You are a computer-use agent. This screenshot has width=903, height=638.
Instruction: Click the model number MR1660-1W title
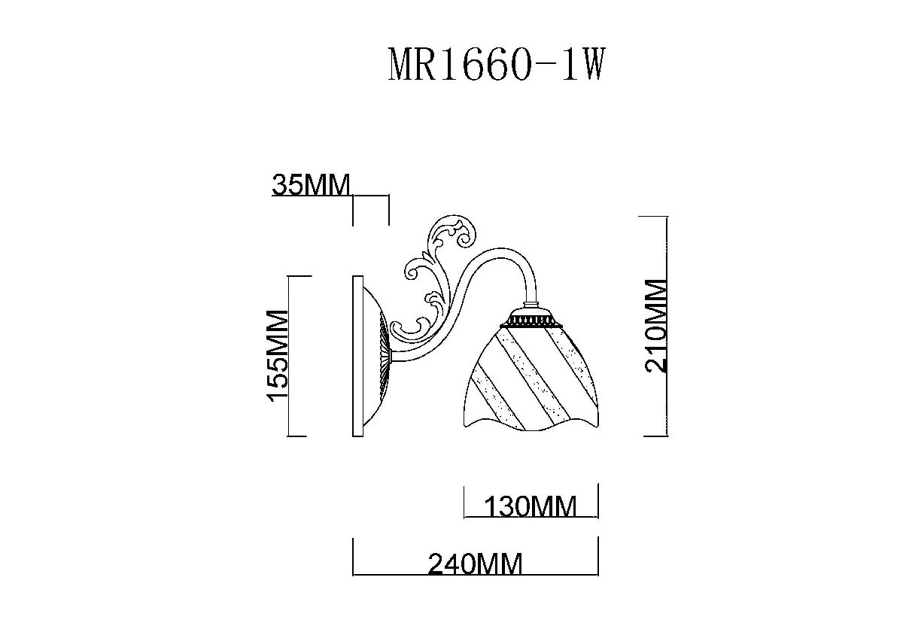[x=496, y=65]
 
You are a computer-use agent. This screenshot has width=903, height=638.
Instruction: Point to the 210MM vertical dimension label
[x=656, y=325]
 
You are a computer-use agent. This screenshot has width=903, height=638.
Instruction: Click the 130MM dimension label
[x=531, y=506]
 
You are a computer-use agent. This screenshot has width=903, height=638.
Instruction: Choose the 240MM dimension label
[x=475, y=564]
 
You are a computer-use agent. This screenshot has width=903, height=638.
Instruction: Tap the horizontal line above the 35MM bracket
[x=370, y=196]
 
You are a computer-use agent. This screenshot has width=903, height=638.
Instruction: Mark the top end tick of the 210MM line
[x=653, y=216]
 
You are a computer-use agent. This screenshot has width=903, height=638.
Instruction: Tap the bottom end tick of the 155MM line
[x=298, y=436]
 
